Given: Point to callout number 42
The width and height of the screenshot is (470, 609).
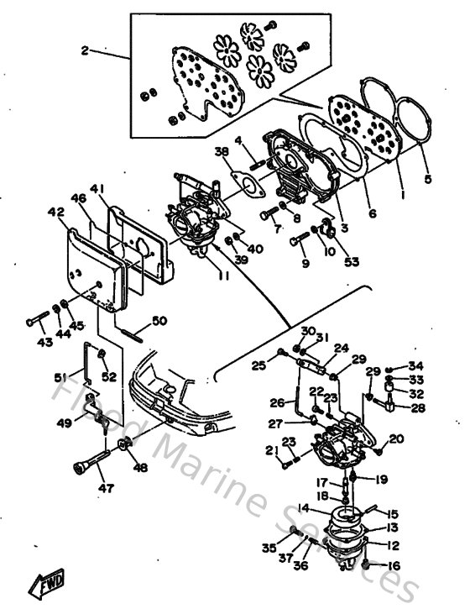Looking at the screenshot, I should (x=56, y=213).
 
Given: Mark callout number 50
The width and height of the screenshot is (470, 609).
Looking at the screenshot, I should (x=159, y=321).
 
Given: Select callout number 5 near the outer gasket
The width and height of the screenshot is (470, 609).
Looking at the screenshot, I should (x=429, y=178).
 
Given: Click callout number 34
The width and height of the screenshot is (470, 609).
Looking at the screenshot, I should (x=417, y=365).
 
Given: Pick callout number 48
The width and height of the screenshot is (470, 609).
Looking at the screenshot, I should (x=140, y=468).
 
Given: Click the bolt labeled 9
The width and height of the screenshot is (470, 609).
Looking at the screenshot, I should (x=300, y=241).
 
